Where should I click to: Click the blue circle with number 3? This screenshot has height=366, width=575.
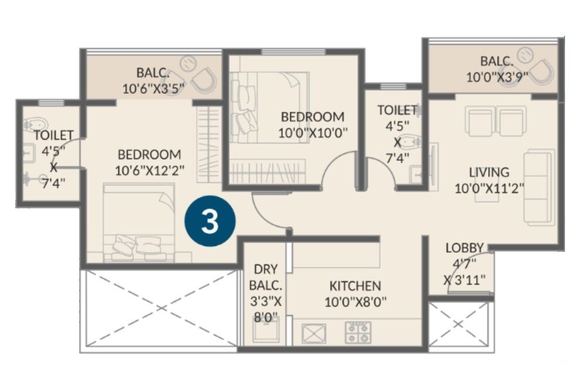[210, 223]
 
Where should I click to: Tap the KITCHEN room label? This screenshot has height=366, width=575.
[355, 286]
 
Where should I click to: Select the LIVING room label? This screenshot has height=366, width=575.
[489, 173]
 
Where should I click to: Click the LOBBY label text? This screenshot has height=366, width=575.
[464, 248]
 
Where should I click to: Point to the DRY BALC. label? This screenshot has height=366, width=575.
[266, 278]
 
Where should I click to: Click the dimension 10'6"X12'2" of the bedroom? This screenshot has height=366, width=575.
[149, 170]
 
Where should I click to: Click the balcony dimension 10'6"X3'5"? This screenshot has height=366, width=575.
[153, 88]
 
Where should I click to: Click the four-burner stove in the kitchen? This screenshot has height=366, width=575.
[357, 333]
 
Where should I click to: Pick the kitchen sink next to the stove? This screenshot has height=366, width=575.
[313, 333]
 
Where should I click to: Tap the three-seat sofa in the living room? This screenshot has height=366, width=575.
[539, 187]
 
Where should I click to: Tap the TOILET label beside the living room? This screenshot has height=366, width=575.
[396, 110]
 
